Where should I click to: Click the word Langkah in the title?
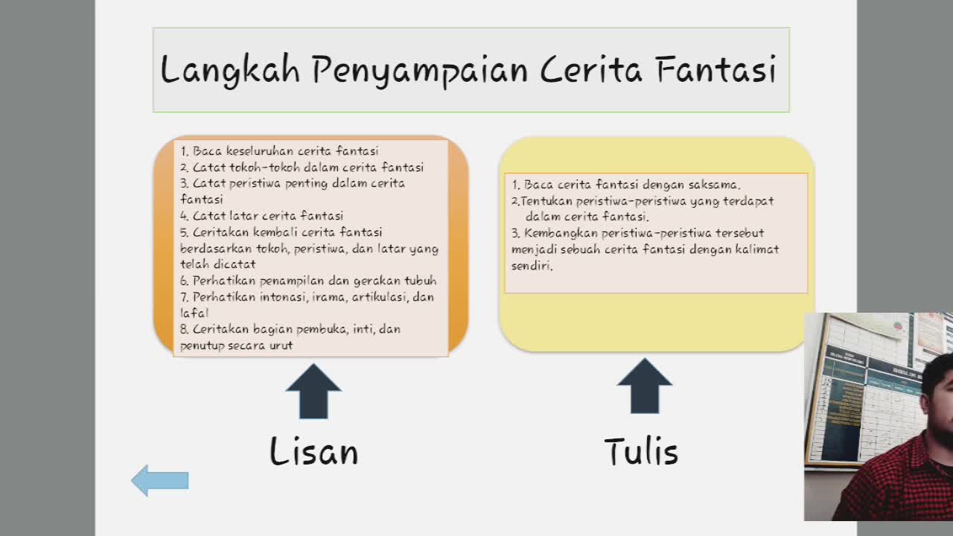[230, 69]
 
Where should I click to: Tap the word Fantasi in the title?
[716, 68]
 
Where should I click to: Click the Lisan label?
[314, 450]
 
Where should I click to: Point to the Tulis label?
[641, 450]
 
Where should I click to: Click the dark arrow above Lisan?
[313, 392]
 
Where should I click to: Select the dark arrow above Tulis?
[645, 386]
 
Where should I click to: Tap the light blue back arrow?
[160, 480]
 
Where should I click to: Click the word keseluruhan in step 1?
[260, 151]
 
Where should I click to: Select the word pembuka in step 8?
[322, 329]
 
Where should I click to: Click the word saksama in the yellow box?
[714, 185]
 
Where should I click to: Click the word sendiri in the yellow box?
[532, 266]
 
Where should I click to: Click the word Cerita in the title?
[591, 68]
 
